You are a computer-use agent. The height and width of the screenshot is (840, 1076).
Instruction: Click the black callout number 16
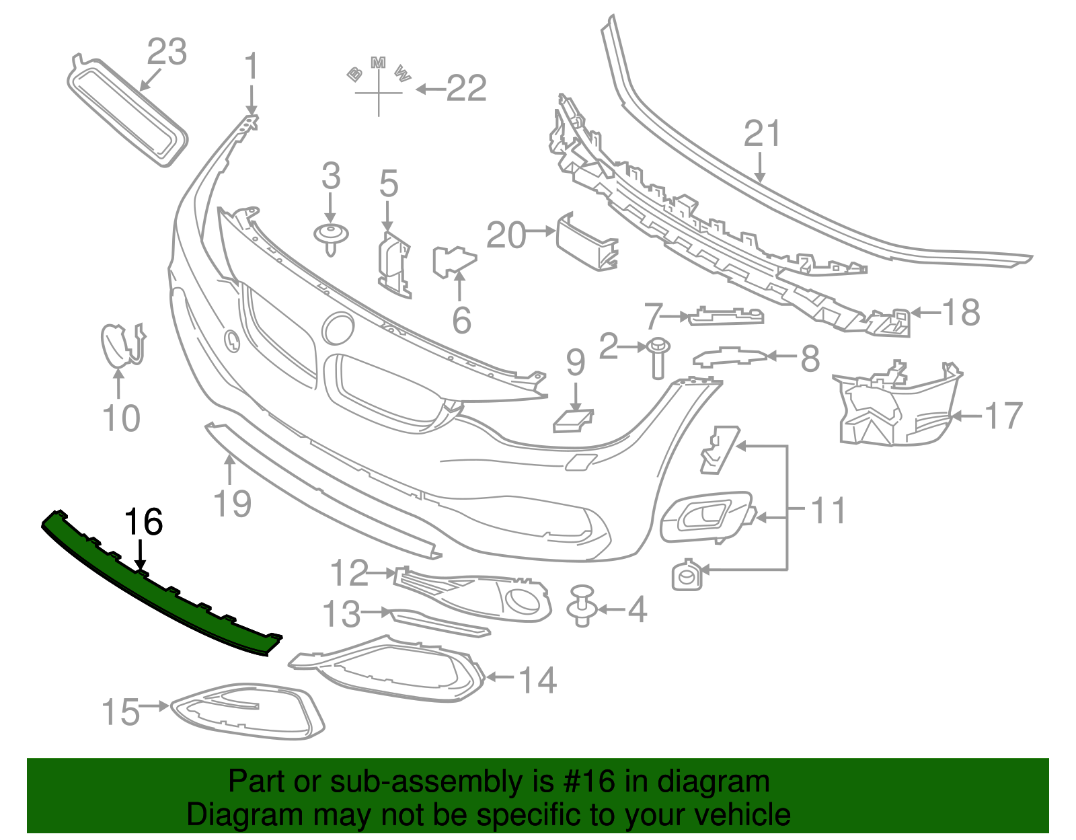[144, 522]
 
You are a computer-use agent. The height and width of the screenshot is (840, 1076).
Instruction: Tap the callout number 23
[167, 52]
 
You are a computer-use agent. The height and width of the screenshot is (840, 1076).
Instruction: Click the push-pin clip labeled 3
[331, 237]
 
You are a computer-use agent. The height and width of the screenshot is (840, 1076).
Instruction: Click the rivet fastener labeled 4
[582, 605]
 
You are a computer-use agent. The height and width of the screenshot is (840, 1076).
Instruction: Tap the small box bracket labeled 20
[585, 242]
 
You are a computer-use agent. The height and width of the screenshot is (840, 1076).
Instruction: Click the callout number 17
[1003, 416]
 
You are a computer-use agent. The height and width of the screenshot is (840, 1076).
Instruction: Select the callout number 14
[538, 680]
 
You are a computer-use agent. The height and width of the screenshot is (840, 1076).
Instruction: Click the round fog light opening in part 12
[521, 600]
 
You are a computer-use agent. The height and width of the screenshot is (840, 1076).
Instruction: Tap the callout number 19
[233, 504]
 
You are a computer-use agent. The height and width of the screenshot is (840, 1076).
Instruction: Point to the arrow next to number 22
[430, 89]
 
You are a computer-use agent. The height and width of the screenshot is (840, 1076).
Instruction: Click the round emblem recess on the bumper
[338, 330]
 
